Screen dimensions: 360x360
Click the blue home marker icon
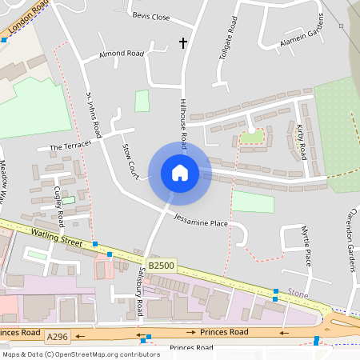pyautogui.click(x=180, y=173)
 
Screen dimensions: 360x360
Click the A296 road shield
pyautogui.click(x=58, y=337)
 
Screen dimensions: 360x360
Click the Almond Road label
pyautogui.click(x=121, y=54)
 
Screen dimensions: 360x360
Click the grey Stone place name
pyautogui.click(x=297, y=294)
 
